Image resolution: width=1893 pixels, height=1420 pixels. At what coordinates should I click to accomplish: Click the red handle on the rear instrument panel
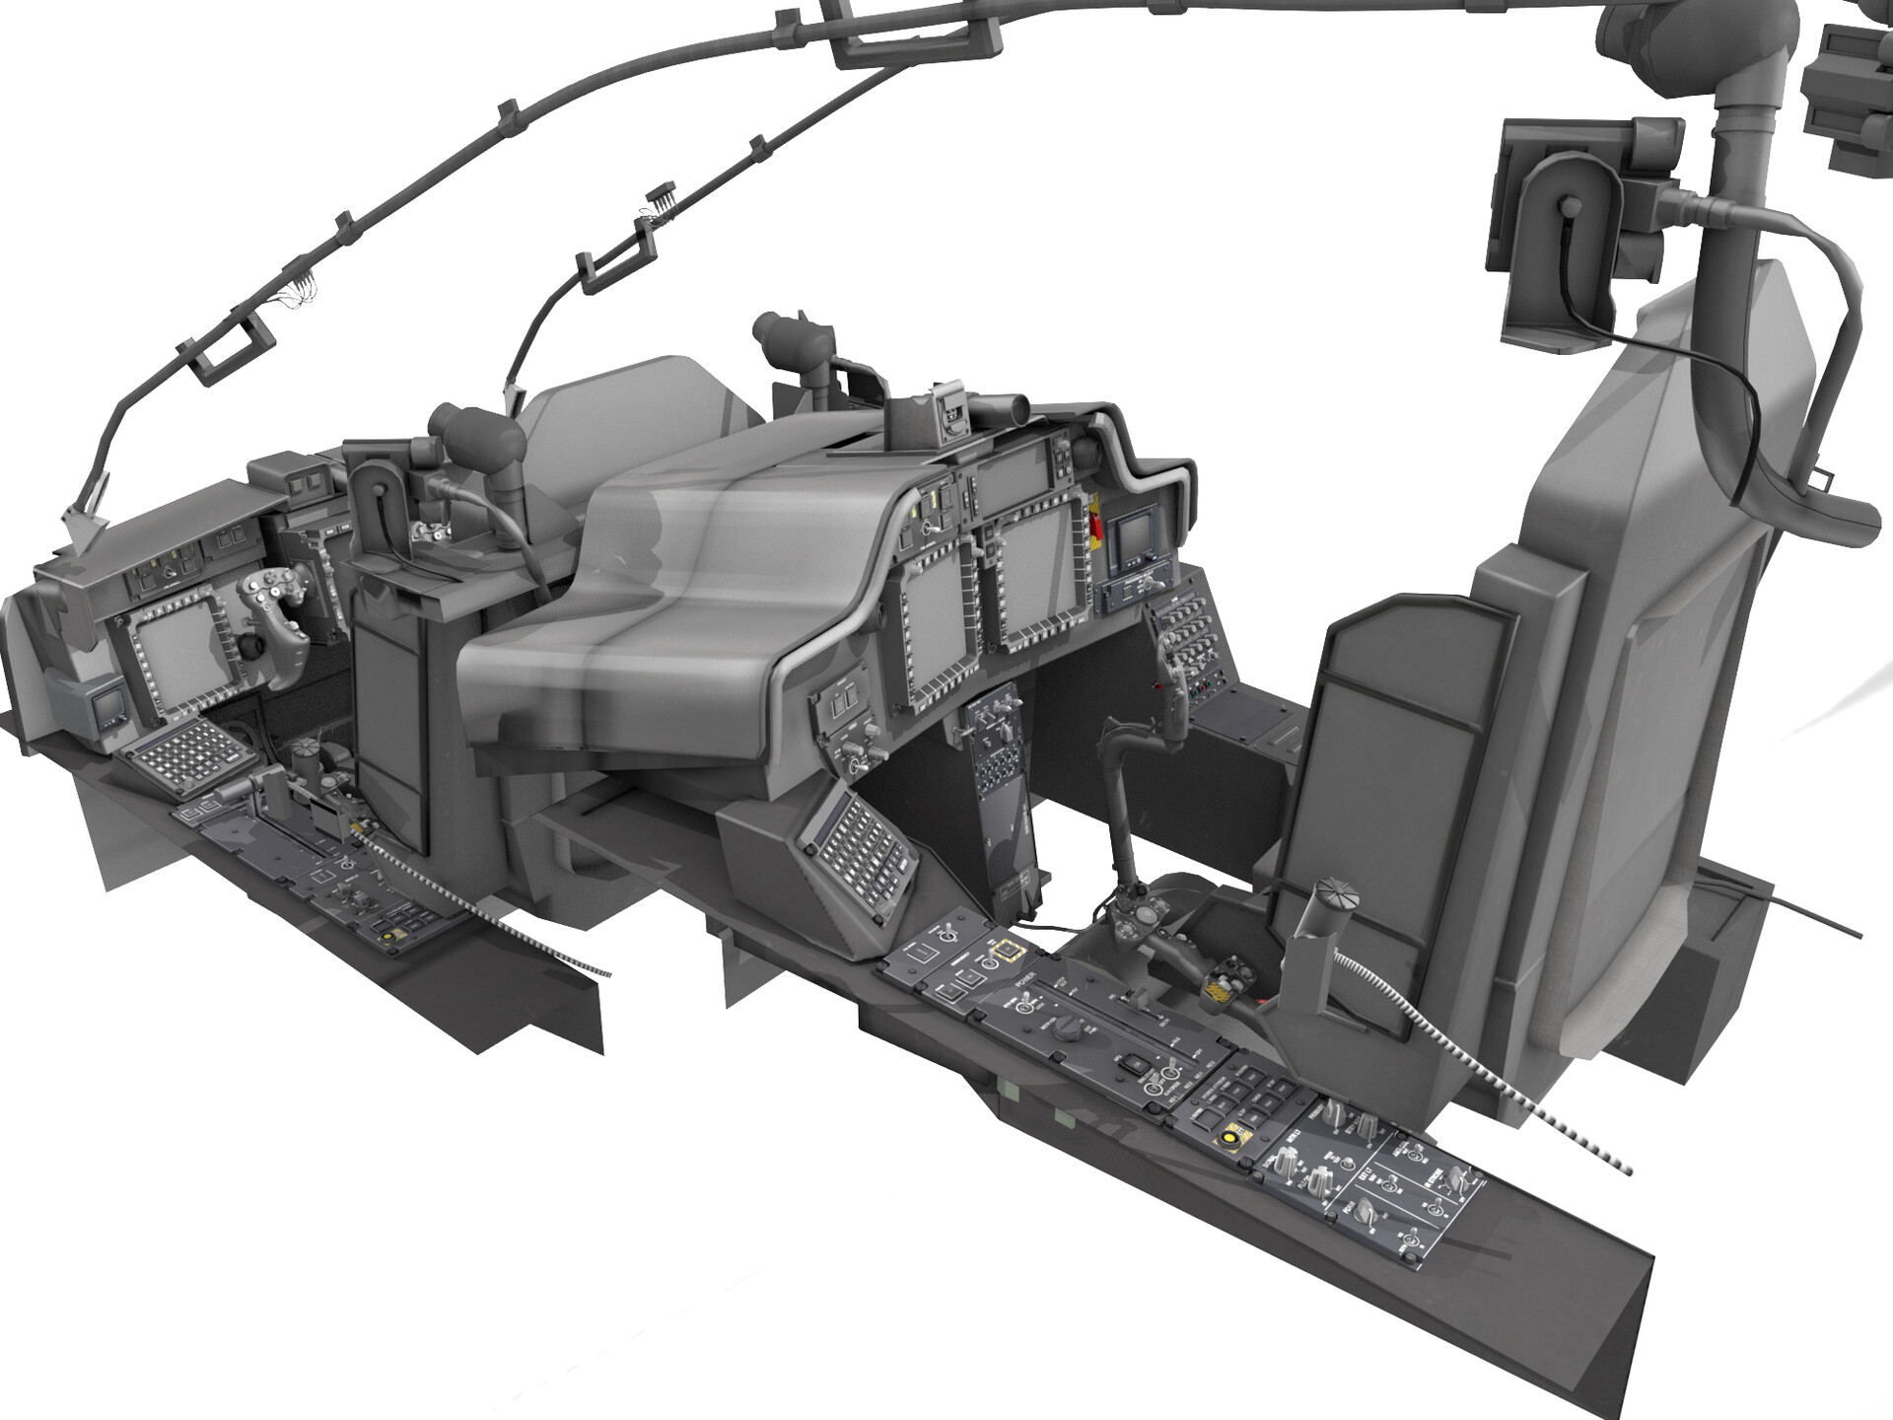pyautogui.click(x=1094, y=521)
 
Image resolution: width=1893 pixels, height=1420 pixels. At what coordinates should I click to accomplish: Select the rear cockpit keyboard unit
pyautogui.click(x=861, y=838)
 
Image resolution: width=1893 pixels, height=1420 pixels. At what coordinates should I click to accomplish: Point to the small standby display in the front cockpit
pyautogui.click(x=104, y=709)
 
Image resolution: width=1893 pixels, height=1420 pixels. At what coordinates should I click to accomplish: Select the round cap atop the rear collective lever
pyautogui.click(x=1335, y=900)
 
